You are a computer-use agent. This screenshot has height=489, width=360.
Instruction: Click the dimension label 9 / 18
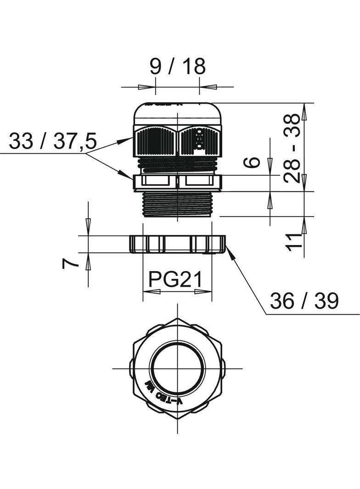tap(177, 67)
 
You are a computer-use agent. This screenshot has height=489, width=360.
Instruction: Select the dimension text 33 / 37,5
tap(53, 141)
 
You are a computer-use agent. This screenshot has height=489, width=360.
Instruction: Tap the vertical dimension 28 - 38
tap(292, 148)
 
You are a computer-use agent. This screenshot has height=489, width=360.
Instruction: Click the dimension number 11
tap(294, 241)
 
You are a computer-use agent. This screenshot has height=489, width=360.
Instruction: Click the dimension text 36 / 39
tap(304, 301)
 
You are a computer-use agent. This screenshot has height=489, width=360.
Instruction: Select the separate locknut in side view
tap(177, 244)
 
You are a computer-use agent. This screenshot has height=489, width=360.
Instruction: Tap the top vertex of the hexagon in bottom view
tap(177, 318)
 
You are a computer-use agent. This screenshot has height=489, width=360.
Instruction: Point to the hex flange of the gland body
tap(177, 182)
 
